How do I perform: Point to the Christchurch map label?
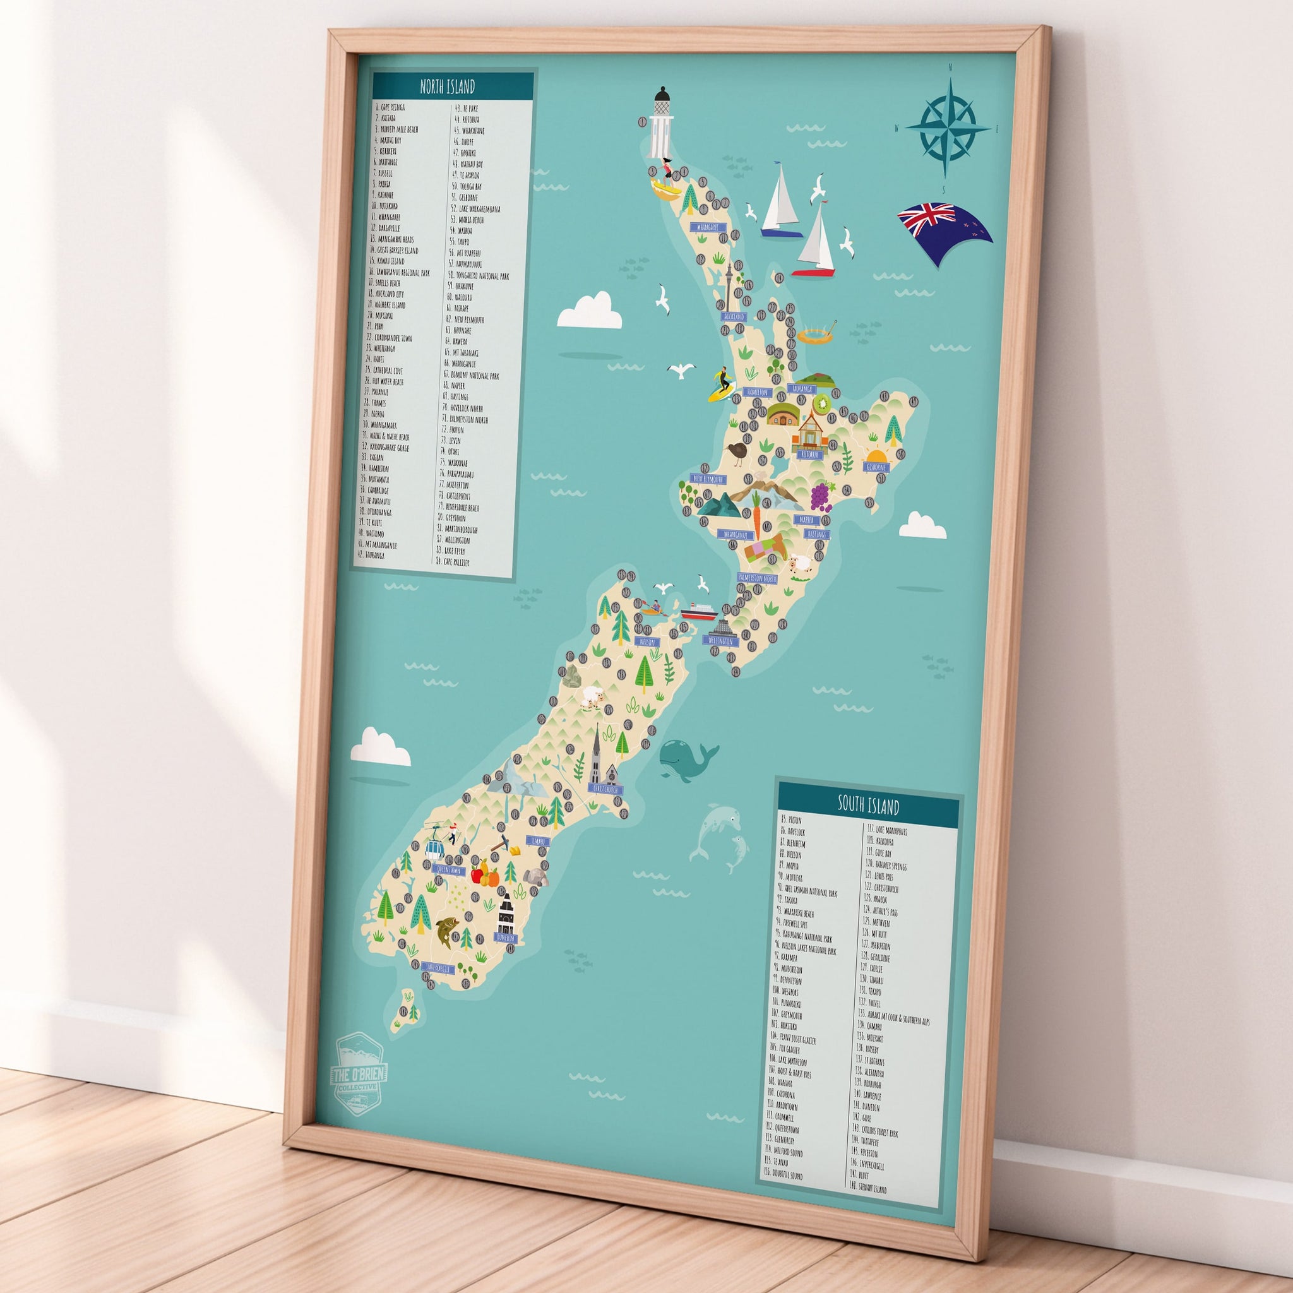[605, 790]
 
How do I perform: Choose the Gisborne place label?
[876, 467]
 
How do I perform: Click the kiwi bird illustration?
[737, 453]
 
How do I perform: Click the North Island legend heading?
[447, 86]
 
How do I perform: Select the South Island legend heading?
[868, 806]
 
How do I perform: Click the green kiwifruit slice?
[821, 403]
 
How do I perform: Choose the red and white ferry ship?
[699, 611]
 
